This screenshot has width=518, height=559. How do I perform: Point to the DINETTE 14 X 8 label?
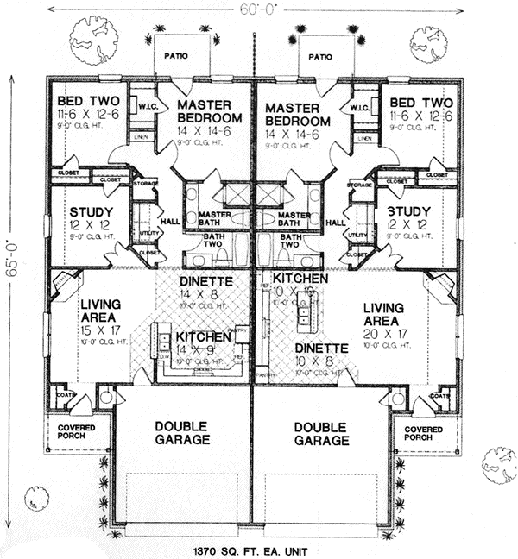(202, 287)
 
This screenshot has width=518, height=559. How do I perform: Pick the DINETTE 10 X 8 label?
(321, 355)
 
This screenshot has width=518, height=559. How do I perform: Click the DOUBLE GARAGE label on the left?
(183, 433)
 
